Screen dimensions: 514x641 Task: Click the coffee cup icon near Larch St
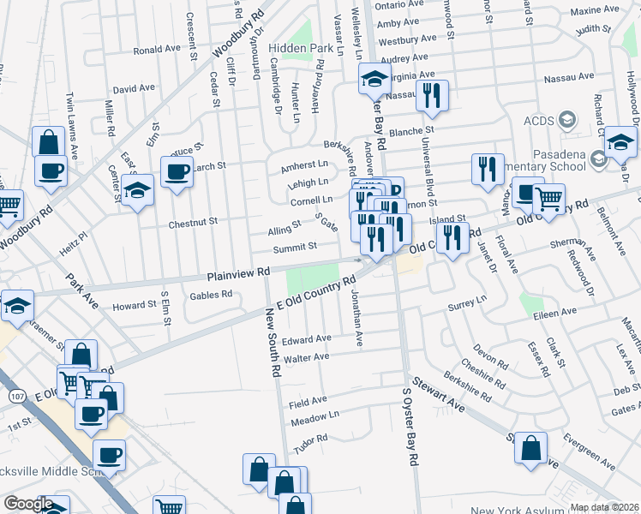click(x=177, y=170)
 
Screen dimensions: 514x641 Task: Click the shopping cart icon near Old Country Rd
click(x=548, y=199)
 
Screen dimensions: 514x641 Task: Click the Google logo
click(x=28, y=505)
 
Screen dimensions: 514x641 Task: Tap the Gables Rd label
click(x=213, y=295)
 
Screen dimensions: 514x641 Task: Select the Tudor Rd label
click(x=310, y=449)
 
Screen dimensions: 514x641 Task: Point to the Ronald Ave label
click(x=157, y=50)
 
